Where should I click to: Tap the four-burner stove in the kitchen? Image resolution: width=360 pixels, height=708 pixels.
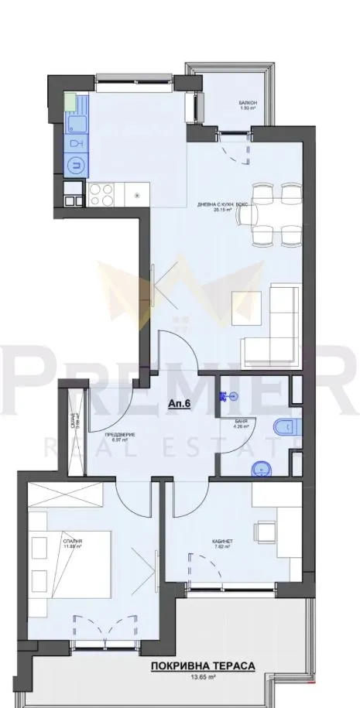(x=102, y=193)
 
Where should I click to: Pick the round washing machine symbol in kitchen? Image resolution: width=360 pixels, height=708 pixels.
(x=76, y=163)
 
